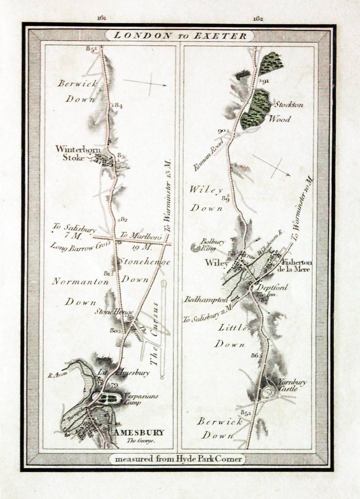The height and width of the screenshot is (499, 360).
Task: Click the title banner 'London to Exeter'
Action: point(179,35)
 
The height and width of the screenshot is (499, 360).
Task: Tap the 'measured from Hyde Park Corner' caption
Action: point(177,458)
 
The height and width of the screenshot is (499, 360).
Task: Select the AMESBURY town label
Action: point(140,432)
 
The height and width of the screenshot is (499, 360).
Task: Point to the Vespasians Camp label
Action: point(137,400)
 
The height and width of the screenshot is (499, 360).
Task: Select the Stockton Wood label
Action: point(288,112)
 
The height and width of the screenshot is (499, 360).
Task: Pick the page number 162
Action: point(258,19)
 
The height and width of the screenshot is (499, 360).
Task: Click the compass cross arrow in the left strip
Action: point(150,83)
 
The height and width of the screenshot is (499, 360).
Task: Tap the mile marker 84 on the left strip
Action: point(118,105)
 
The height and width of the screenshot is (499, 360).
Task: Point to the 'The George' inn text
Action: point(141,441)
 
